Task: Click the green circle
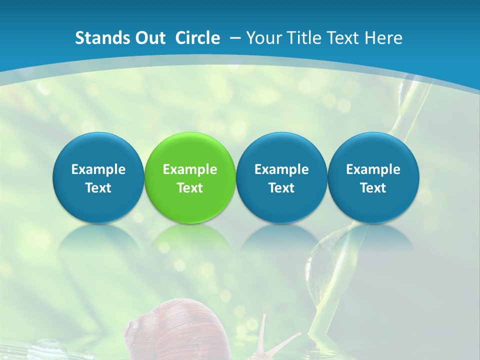190,177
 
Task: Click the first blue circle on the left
98,177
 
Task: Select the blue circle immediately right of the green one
281,177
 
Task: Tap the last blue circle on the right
373,177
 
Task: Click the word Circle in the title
197,38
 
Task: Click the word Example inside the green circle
190,169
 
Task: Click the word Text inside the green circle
190,188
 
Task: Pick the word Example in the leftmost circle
98,169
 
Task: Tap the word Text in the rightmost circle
373,188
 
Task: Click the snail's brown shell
170,330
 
